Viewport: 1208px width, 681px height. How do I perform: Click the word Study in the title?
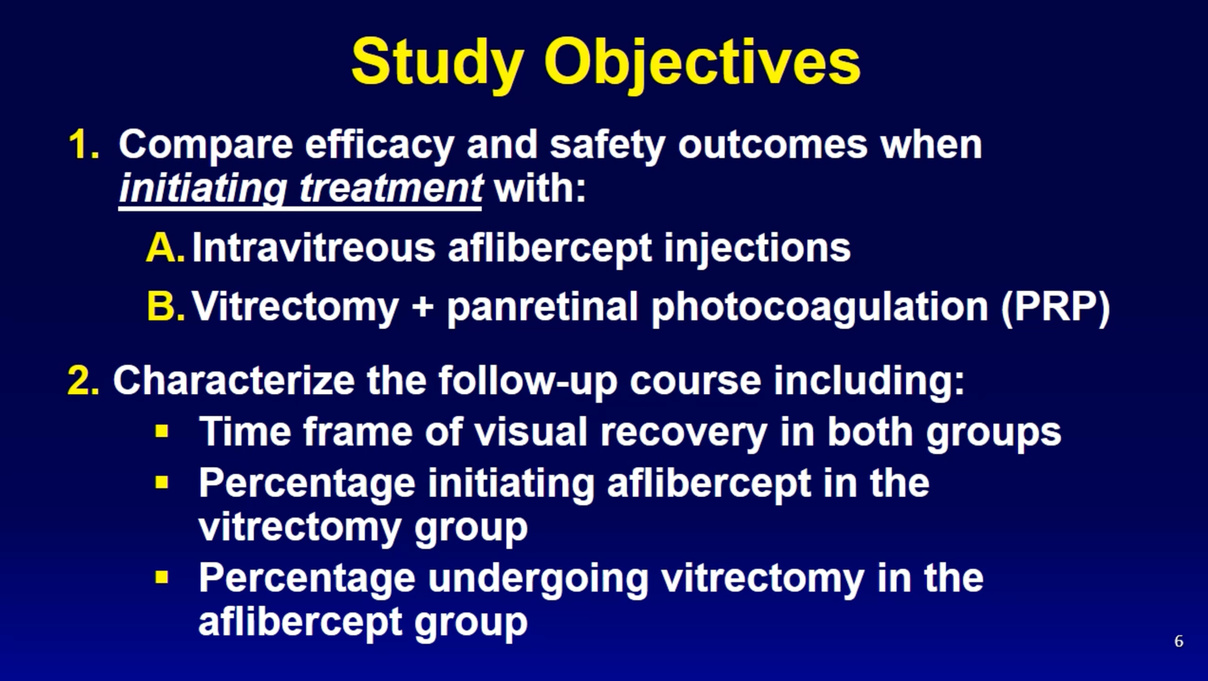coord(438,64)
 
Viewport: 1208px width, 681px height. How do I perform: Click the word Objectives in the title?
coord(703,64)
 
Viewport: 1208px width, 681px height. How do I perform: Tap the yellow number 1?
coord(84,145)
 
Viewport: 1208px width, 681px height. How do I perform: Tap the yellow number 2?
coord(83,380)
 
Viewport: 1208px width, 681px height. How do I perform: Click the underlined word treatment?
coord(391,189)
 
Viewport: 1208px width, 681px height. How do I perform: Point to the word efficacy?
coord(380,145)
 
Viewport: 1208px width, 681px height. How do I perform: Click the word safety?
coord(607,145)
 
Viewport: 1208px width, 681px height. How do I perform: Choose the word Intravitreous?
coord(313,248)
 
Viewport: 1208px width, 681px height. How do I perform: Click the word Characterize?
coord(233,380)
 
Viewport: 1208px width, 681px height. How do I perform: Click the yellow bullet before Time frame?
coord(161,431)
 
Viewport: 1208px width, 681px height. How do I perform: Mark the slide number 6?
coord(1179,641)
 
